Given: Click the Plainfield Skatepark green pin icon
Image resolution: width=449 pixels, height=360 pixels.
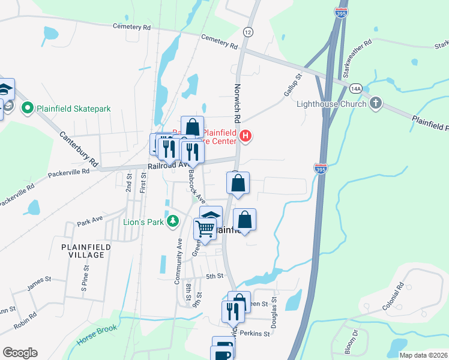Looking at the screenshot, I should click(26, 109).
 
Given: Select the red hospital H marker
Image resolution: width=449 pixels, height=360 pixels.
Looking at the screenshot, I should click(245, 136).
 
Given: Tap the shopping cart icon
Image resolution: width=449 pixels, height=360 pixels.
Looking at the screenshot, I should click(205, 229).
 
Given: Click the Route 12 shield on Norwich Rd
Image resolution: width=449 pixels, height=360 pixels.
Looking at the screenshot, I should click(247, 31).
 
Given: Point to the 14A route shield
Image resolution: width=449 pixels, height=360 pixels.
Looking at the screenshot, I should click(355, 89).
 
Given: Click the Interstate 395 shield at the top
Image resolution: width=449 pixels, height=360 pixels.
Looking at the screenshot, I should click(341, 13).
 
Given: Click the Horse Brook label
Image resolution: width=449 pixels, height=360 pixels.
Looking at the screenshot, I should click(97, 336).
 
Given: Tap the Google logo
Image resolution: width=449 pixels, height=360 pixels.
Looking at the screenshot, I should click(20, 353).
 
